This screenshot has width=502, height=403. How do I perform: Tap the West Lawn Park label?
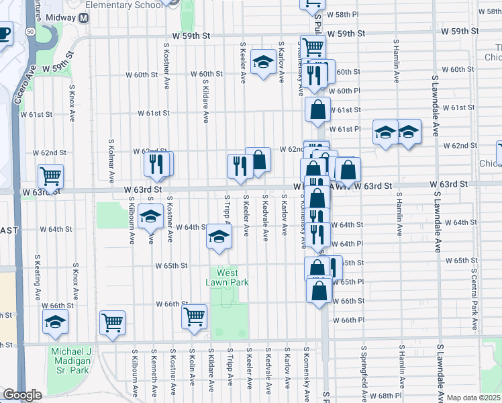[227, 277]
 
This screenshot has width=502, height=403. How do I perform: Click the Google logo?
[23, 395]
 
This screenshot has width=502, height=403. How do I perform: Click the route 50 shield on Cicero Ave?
[30, 31]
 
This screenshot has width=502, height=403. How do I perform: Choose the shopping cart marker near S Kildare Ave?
[194, 316]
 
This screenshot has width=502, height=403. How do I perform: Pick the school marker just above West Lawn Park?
[218, 236]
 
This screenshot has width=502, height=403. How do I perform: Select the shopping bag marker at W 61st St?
[317, 109]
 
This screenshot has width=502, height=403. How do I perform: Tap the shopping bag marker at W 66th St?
[319, 290]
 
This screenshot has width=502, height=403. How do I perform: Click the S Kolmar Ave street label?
[111, 162]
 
